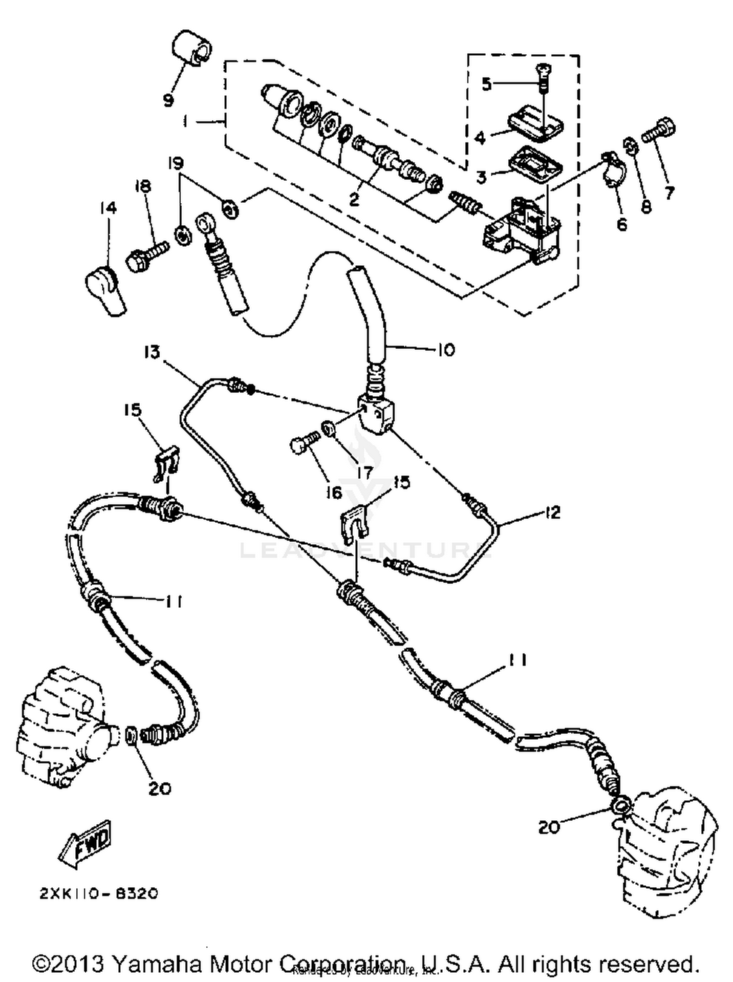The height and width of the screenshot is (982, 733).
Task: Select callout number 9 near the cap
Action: (x=168, y=100)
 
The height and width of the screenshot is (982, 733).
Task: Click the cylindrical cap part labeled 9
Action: (x=191, y=47)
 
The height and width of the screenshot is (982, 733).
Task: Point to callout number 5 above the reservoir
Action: (x=486, y=84)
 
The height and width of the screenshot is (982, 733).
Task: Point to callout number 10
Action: (x=446, y=349)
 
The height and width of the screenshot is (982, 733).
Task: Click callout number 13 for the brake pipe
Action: (x=152, y=352)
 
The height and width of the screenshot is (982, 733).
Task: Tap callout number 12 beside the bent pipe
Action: (x=552, y=512)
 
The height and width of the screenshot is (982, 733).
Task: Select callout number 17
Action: (x=364, y=472)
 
